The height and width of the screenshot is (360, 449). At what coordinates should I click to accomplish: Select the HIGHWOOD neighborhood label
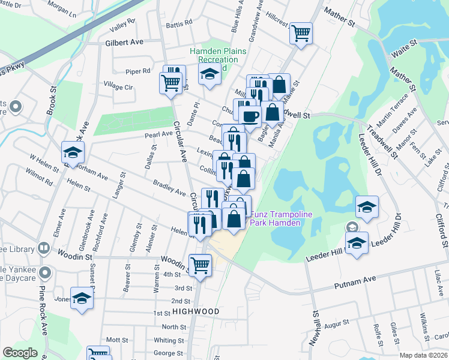pos(195,311)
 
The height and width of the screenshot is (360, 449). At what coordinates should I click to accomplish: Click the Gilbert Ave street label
pos(124,42)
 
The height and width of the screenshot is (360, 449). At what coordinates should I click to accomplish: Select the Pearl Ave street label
pos(158,134)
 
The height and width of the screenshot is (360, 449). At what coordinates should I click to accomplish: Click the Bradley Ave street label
pos(169,187)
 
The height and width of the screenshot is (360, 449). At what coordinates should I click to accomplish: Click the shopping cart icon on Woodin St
pos(200,264)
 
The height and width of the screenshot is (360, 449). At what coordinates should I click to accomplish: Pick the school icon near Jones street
pos(82,298)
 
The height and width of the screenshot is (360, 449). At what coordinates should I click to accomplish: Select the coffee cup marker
pos(250,115)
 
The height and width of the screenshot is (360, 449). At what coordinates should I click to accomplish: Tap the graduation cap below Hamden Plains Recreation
pos(209,74)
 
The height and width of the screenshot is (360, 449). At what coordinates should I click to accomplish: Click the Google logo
pos(20,352)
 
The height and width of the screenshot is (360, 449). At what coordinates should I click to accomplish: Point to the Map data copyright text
pos(424,355)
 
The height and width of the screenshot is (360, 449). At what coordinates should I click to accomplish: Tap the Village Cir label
pos(118,86)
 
